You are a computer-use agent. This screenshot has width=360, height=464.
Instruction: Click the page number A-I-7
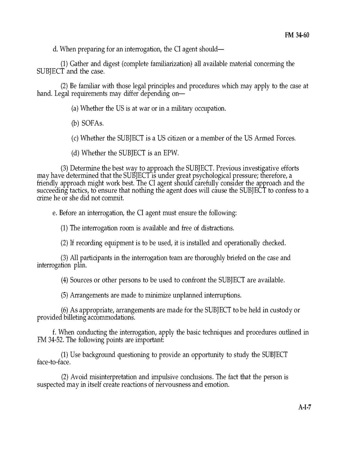pyautogui.click(x=305, y=407)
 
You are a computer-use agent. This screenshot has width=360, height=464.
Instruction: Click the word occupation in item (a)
pyautogui.click(x=209, y=109)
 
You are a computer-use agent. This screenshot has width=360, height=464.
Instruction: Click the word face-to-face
pyautogui.click(x=52, y=363)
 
